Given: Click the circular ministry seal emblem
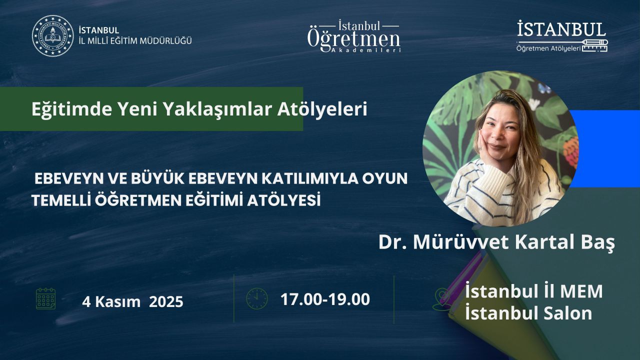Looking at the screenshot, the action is (x=53, y=35).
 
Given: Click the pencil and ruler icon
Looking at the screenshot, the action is (x=594, y=45).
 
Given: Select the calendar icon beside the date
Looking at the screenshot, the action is (x=45, y=299).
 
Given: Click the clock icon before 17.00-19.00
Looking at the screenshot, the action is (x=257, y=298).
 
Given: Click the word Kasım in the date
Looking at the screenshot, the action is (x=117, y=302).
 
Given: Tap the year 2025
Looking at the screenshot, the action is (x=166, y=302).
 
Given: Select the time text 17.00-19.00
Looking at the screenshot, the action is (x=325, y=299).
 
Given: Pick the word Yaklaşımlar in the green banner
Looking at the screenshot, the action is (x=216, y=109).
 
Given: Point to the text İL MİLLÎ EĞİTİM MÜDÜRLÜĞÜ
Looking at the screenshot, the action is (x=135, y=41).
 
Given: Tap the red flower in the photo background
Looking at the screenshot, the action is (x=571, y=151).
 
